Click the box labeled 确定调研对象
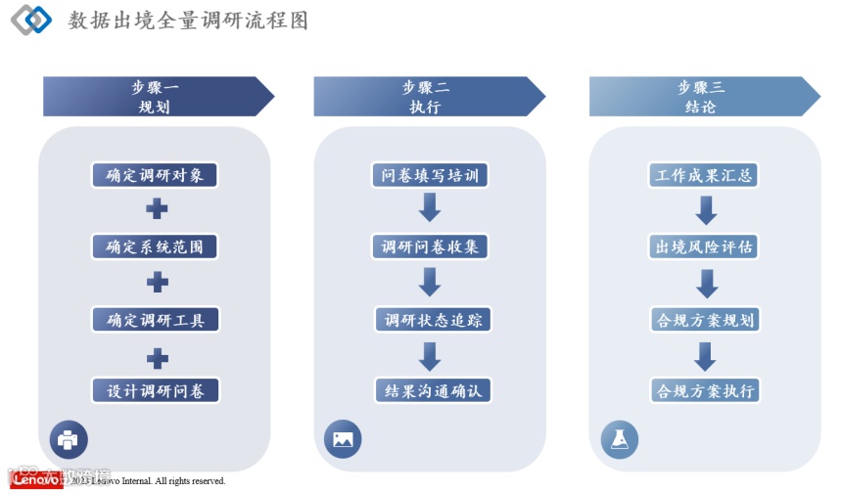155,176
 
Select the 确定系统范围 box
155,246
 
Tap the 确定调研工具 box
155,319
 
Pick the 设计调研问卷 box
155,390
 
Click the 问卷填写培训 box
430,176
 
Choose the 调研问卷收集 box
430,246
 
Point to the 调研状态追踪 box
430,319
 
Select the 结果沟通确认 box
430,390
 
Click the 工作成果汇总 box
704,176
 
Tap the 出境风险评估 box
704,246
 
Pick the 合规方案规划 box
704,319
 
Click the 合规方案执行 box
704,390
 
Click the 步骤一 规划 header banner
157,97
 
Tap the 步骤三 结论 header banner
702,97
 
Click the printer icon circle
69,439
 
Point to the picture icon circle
343,439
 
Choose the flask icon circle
619,439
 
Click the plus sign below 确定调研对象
157,209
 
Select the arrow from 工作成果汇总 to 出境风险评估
706,209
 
